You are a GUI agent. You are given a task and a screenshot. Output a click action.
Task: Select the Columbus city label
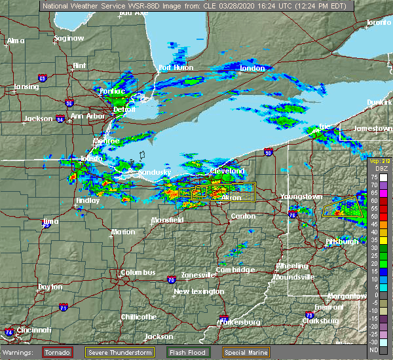click(138, 272)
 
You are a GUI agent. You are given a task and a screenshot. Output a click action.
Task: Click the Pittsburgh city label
click(343, 242)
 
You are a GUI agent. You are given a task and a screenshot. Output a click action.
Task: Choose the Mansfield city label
click(166, 220)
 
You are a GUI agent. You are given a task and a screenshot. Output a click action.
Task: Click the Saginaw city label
click(69, 38)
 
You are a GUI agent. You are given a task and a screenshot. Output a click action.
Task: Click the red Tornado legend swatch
click(58, 352)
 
